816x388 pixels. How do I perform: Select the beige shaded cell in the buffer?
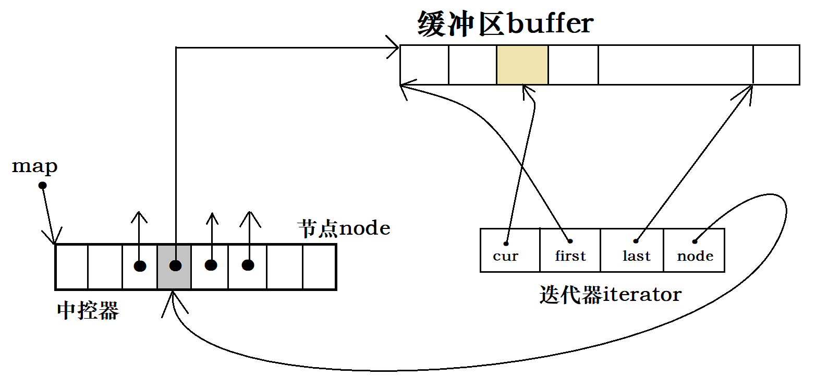(522, 65)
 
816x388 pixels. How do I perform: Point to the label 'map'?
(34, 166)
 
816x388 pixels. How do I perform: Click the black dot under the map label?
(43, 186)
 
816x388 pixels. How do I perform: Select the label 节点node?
(344, 228)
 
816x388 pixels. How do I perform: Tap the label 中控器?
(88, 311)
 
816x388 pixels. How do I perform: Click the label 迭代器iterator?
(610, 295)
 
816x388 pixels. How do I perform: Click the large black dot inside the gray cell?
(176, 266)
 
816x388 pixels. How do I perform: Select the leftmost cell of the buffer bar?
(424, 65)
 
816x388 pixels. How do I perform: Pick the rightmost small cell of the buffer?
(776, 65)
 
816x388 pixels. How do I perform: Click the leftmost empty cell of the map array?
(72, 266)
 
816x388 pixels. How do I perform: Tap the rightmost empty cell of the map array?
(318, 266)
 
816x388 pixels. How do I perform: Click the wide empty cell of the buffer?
(675, 65)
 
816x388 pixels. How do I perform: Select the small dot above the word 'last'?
(636, 241)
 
